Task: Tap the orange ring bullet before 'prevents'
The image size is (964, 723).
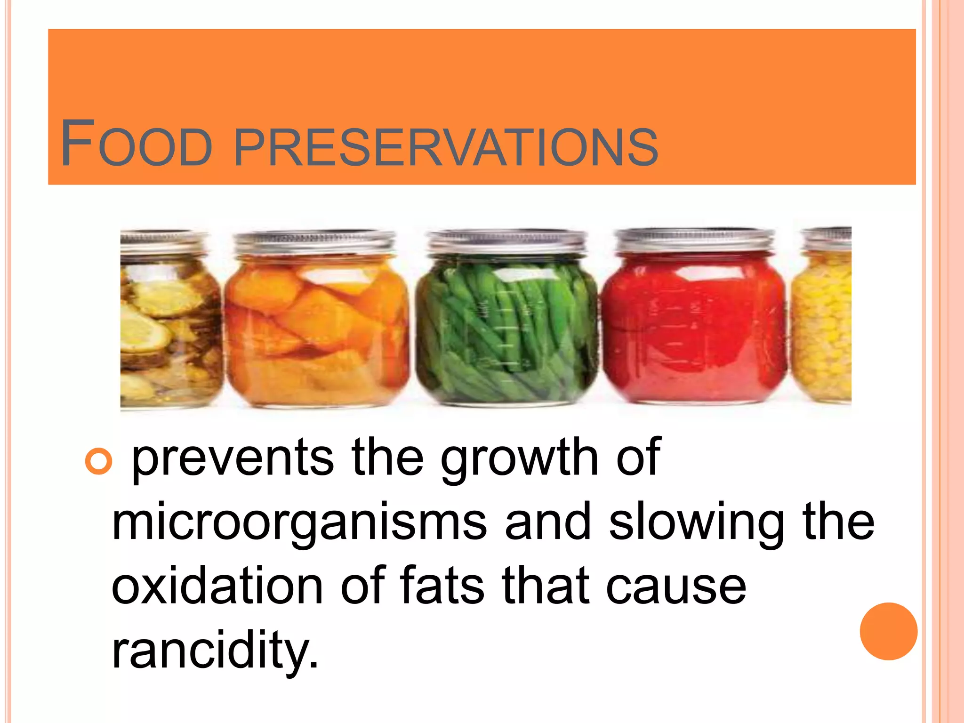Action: click(x=99, y=460)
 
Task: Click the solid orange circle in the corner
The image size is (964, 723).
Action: click(x=888, y=631)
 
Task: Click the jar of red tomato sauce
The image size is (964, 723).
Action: click(x=694, y=329)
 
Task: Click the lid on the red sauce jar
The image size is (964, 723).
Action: click(x=694, y=240)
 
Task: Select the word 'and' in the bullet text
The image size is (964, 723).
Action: click(x=547, y=522)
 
